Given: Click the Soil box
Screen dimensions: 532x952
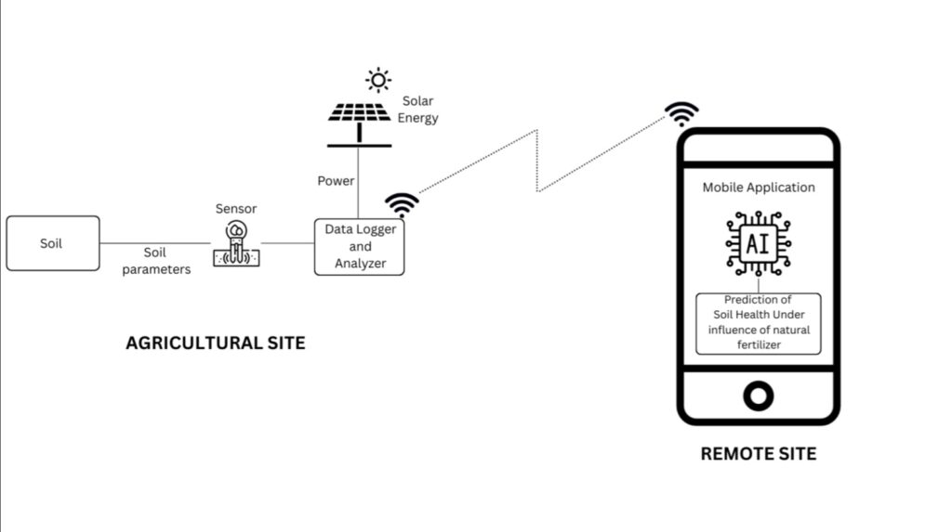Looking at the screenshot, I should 52,243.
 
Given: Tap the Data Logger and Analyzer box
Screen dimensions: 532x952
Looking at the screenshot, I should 360,246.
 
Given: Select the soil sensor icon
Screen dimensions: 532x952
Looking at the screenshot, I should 236,244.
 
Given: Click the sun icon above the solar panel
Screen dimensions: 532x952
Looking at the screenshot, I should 377,80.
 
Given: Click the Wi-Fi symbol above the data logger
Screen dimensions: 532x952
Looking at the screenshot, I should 402,204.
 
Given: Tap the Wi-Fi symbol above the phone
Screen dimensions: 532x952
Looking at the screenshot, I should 681,113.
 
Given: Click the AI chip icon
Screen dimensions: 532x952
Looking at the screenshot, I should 758,244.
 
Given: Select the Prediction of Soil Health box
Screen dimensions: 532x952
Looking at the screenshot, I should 758,323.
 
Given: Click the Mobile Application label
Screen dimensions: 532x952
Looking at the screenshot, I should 758,188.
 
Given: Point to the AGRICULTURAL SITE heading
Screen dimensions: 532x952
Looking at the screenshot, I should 215,344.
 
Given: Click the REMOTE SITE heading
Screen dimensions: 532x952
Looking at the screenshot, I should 758,454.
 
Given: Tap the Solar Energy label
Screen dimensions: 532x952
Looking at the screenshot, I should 417,110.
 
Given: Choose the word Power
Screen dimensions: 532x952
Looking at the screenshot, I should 336,181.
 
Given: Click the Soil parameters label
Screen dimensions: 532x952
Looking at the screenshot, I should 156,261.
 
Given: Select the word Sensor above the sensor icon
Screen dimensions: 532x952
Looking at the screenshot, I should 236,209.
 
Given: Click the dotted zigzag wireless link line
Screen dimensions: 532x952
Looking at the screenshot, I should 537,162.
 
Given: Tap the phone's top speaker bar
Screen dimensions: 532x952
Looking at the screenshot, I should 758,148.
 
